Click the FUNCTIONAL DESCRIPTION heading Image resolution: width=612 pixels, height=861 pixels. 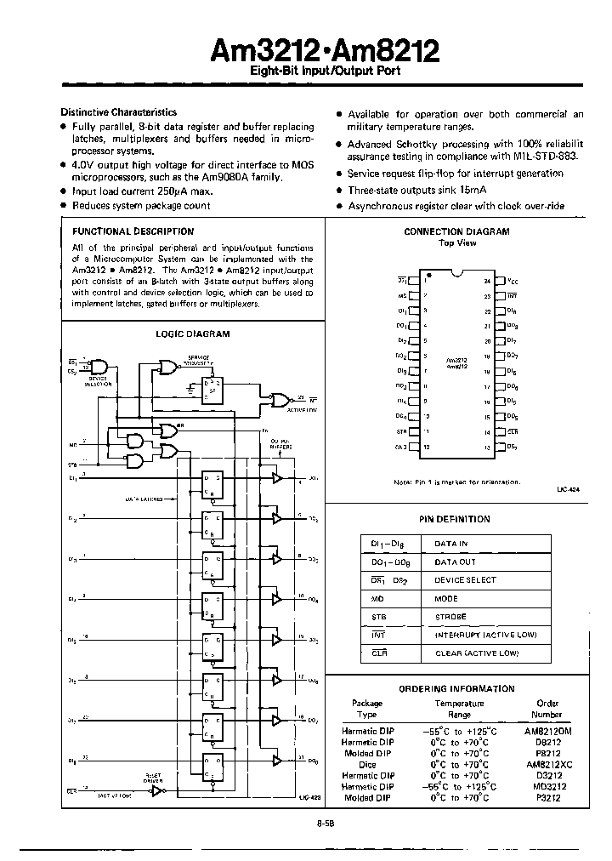click(x=133, y=231)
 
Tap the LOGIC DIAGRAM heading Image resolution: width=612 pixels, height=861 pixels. click(x=192, y=334)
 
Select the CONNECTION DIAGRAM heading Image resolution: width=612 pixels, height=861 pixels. click(x=456, y=231)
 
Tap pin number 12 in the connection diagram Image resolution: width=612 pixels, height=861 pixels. click(x=426, y=447)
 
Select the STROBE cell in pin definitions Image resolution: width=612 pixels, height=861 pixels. click(x=450, y=616)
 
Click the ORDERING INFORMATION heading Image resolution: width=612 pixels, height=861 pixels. click(x=456, y=689)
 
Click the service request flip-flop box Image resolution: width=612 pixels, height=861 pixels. click(x=207, y=391)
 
